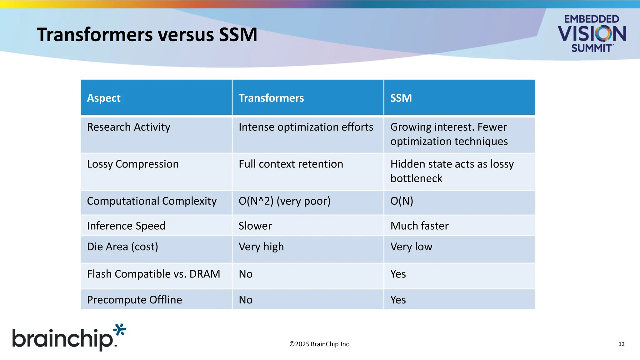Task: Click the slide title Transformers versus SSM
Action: [x=147, y=34]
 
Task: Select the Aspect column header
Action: [x=104, y=98]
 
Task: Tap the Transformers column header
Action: [x=271, y=98]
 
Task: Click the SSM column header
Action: [x=401, y=98]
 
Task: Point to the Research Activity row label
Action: [x=128, y=127]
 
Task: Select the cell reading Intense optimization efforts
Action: [x=306, y=127]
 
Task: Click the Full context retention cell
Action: [x=291, y=164]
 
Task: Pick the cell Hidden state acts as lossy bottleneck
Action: [x=452, y=171]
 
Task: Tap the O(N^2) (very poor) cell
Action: [x=284, y=201]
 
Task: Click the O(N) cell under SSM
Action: [x=402, y=201]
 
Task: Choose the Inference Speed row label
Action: [x=126, y=226]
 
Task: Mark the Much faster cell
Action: [x=419, y=226]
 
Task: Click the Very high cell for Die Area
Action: [x=261, y=247]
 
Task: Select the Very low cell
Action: [x=411, y=247]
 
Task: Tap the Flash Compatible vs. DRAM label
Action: [x=153, y=274]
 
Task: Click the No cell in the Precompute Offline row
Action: [x=246, y=300]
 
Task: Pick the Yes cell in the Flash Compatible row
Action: [x=398, y=274]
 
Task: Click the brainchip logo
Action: [x=69, y=338]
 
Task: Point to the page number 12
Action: [x=621, y=344]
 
